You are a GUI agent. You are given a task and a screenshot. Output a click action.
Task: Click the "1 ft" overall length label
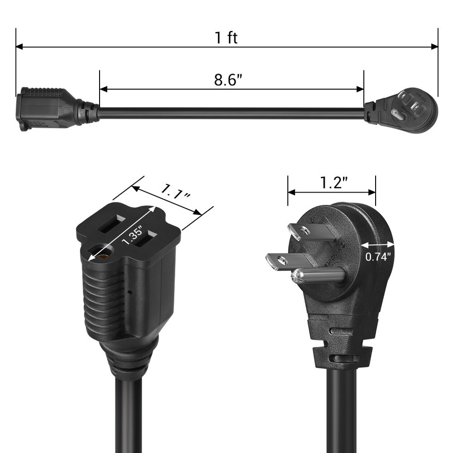226,38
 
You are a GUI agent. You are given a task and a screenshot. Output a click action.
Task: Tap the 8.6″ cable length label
228,79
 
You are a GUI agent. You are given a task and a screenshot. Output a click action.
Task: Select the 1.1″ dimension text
176,195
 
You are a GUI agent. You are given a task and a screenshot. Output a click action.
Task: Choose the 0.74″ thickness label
378,257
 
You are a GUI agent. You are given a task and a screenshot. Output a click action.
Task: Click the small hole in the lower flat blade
282,260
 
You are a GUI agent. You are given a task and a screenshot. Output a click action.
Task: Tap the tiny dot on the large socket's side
130,291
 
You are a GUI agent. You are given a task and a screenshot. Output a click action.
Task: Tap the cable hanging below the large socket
127,415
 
